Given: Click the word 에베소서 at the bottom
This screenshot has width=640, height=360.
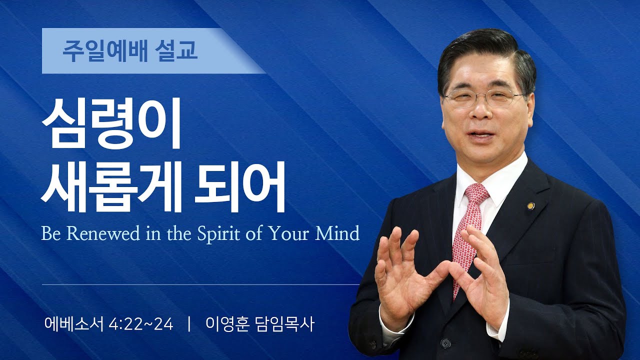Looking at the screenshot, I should [73, 324].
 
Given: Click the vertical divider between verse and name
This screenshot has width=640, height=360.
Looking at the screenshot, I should [189, 324].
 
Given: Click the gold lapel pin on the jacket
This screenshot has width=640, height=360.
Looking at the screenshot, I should [530, 205].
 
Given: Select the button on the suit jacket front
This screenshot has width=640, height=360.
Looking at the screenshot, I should [445, 343].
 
